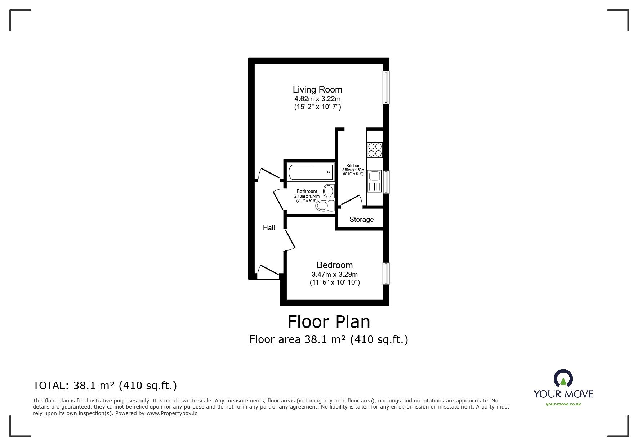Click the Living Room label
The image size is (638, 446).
pos(317,89)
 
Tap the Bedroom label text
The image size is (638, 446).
pos(334,265)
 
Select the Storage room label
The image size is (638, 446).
pos(361,220)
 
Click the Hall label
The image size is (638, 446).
pos(269,227)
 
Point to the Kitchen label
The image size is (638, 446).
pos(353,166)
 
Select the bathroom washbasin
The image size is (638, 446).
pos(329,191)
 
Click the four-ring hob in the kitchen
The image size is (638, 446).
pos(375,150)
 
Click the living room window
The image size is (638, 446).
pos(386,87)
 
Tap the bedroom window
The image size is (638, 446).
pos(386,274)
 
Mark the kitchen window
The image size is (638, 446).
pos(386,182)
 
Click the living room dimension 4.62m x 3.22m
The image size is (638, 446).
pos(317,99)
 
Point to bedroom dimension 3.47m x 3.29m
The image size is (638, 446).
pos(334,274)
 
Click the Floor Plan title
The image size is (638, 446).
pos(329,321)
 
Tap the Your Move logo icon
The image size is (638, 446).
pos(563,379)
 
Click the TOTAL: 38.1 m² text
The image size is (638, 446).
pos(105,386)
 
